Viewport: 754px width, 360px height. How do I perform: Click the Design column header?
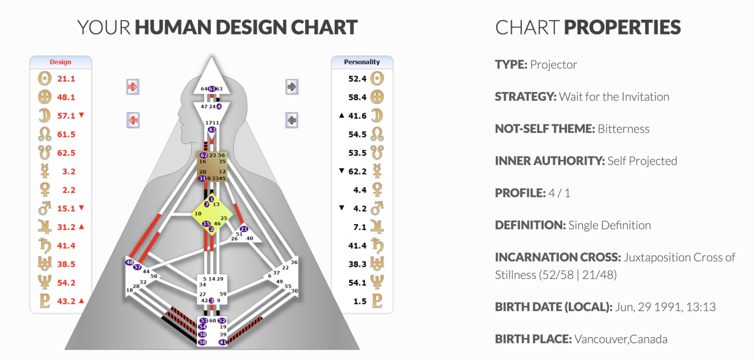pos(60,62)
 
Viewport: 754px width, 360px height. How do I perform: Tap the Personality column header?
pos(361,62)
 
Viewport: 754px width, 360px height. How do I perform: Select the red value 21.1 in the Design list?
pos(66,79)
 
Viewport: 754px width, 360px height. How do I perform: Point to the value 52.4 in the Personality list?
pos(357,79)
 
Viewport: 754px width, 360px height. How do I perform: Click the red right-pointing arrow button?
pos(133,87)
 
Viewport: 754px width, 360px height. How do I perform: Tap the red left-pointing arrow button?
pos(133,120)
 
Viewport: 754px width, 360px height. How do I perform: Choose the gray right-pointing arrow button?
pos(292,87)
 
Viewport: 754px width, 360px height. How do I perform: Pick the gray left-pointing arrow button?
pos(292,120)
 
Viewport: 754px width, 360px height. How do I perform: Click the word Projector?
pos(553,65)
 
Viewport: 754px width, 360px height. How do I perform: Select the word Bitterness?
pos(623,129)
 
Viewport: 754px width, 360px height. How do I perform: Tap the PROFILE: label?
pos(520,193)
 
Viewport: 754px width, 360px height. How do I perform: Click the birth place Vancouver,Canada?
pos(621,339)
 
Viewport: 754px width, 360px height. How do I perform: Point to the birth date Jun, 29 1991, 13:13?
pos(665,307)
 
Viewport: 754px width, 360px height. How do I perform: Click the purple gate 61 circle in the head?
pos(212,89)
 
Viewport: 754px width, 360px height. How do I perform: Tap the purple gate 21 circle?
pos(244,229)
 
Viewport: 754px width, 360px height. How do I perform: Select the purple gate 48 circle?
pos(130,262)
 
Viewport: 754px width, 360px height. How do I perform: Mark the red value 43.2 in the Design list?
pos(66,301)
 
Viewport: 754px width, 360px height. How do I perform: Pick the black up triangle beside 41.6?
pos(342,115)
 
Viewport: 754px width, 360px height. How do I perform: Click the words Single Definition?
pos(609,225)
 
